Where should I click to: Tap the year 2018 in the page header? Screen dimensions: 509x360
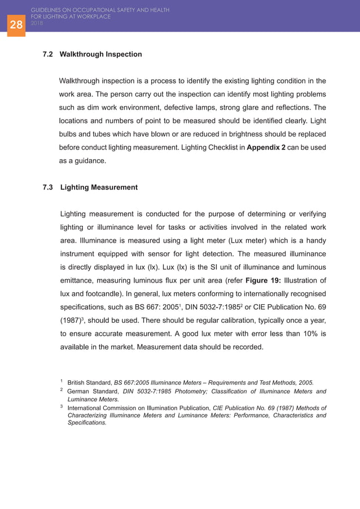click(x=37, y=23)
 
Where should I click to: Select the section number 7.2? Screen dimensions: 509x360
click(x=49, y=55)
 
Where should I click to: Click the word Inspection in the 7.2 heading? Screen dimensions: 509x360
click(x=123, y=55)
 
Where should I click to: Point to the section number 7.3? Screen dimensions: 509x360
click(x=49, y=187)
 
